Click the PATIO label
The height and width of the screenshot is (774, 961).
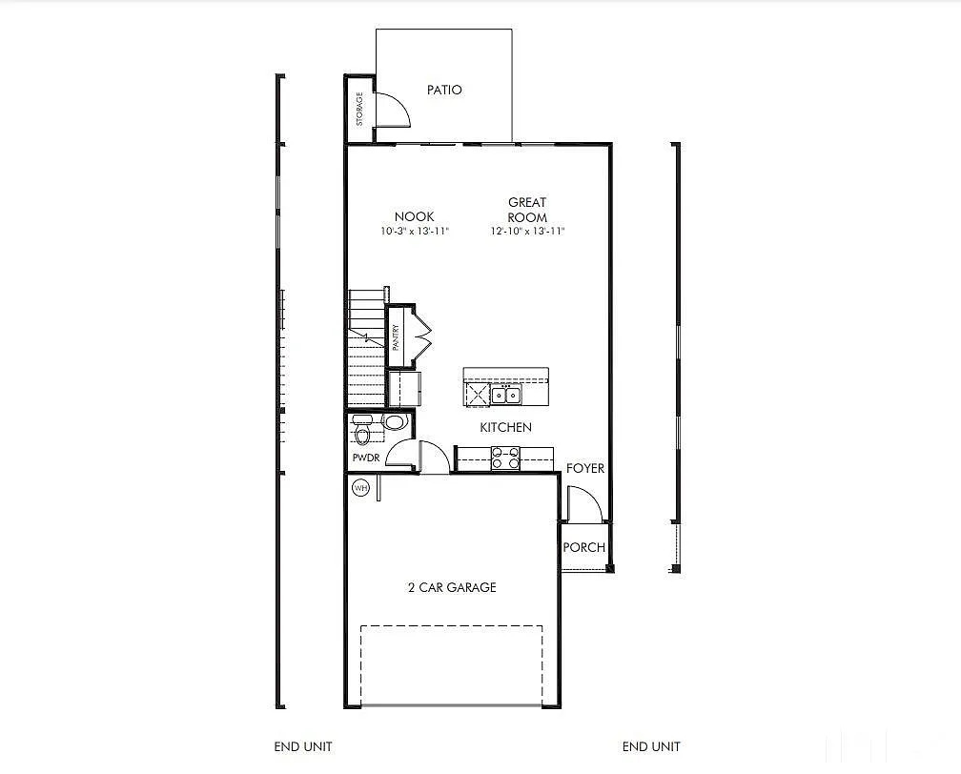[444, 90]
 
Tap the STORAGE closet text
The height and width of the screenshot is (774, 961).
[359, 109]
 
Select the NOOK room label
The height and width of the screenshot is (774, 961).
[414, 216]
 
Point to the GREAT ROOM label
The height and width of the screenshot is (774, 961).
[527, 210]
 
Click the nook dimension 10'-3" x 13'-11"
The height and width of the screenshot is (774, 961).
[414, 231]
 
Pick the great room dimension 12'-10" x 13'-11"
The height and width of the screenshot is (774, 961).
[528, 231]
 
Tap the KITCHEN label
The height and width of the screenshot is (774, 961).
[505, 428]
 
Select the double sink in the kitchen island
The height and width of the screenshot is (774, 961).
[506, 395]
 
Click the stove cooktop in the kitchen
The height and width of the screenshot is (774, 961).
[504, 458]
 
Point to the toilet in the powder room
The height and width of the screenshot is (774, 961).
[362, 434]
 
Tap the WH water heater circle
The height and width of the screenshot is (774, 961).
[360, 488]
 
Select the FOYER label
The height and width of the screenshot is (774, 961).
[585, 468]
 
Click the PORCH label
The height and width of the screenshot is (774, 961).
[583, 547]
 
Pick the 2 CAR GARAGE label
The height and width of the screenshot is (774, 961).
[451, 587]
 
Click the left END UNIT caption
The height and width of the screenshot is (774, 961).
[302, 746]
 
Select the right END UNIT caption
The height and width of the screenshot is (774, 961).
[651, 746]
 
